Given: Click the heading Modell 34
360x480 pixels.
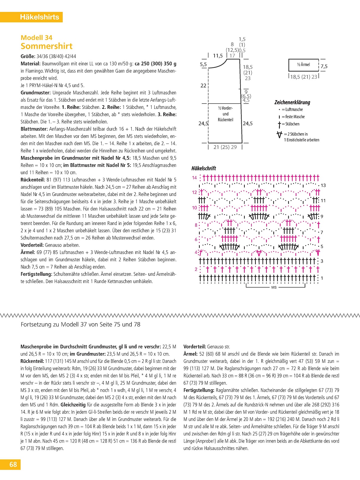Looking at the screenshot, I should (36, 37).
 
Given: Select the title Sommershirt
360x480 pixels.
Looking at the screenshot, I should (46, 46).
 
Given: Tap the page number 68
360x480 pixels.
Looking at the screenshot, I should (13, 464).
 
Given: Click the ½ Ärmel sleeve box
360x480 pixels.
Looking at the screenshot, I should (303, 65).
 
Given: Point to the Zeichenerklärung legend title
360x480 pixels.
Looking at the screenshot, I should (292, 102).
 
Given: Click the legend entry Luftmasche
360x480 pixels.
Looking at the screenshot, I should (294, 109).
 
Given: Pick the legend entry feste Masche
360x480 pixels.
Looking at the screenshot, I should (295, 117).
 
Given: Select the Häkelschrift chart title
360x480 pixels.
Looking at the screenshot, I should (204, 168).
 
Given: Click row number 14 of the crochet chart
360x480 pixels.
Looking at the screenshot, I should (194, 178).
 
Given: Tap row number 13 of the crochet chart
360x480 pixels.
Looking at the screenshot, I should (323, 185).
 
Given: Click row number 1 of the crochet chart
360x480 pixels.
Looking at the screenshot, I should (322, 278).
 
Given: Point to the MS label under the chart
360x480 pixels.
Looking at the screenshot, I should (274, 287).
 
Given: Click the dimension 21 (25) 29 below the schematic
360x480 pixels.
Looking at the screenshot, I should (225, 147).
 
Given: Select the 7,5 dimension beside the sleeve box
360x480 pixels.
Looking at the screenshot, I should (324, 66).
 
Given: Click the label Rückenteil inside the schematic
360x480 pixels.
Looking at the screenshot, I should (226, 120).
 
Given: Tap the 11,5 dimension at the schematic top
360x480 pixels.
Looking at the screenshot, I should (218, 56).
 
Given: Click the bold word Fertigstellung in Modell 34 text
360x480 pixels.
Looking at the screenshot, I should (37, 274).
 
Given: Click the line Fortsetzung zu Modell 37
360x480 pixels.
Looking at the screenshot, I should (80, 324).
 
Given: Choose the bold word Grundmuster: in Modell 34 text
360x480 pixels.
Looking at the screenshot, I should (36, 92).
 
